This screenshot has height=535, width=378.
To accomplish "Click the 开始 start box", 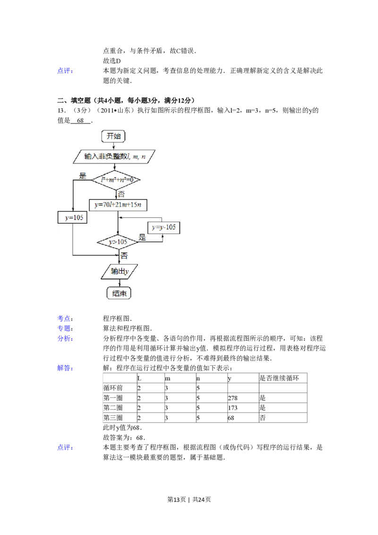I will (113, 136).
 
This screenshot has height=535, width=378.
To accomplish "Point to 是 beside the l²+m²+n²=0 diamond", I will (83, 176).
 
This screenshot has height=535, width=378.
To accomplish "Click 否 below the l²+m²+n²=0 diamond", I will (121, 194).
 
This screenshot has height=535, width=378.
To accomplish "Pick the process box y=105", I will (73, 217).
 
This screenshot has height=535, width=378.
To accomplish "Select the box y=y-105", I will (163, 227).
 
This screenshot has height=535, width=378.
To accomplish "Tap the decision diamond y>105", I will (118, 242).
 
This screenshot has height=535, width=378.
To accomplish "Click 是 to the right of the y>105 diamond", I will (142, 238).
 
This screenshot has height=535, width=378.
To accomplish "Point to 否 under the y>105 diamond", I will (124, 256).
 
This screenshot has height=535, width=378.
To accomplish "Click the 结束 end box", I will (119, 293).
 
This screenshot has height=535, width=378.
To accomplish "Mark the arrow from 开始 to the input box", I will (113, 146).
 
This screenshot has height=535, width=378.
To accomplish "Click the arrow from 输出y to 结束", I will (118, 283).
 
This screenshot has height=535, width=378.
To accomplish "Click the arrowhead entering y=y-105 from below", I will (163, 235).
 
